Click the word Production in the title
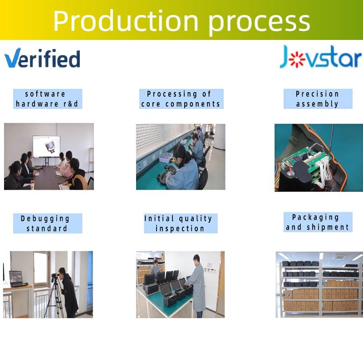point(126,20)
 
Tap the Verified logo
point(42,58)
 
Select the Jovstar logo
point(321,57)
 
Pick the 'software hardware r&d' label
point(48,99)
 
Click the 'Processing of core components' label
point(181,99)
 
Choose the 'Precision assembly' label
point(318,99)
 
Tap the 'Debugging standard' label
point(48,223)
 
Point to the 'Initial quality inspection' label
point(181,223)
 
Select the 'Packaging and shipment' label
point(318,222)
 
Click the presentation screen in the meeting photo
point(47,147)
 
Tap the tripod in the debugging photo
point(55,299)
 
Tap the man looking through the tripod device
point(69,292)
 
